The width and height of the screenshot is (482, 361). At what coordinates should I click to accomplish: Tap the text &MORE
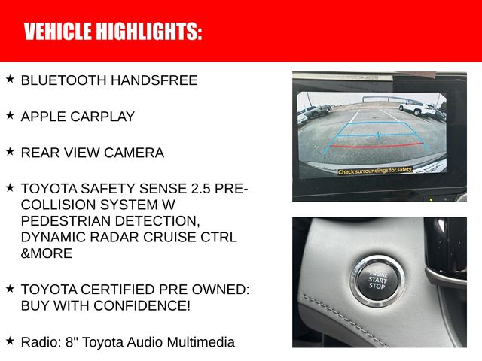point(47,253)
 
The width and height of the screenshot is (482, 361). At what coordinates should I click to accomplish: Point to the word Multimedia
point(198,342)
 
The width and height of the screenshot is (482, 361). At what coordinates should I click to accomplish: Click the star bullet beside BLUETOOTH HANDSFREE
point(10,79)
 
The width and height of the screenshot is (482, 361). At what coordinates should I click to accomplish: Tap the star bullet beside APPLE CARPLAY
point(10,115)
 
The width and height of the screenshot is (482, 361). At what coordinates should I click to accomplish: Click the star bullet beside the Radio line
point(10,341)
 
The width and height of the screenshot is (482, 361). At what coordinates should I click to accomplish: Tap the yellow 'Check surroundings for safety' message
point(375,171)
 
